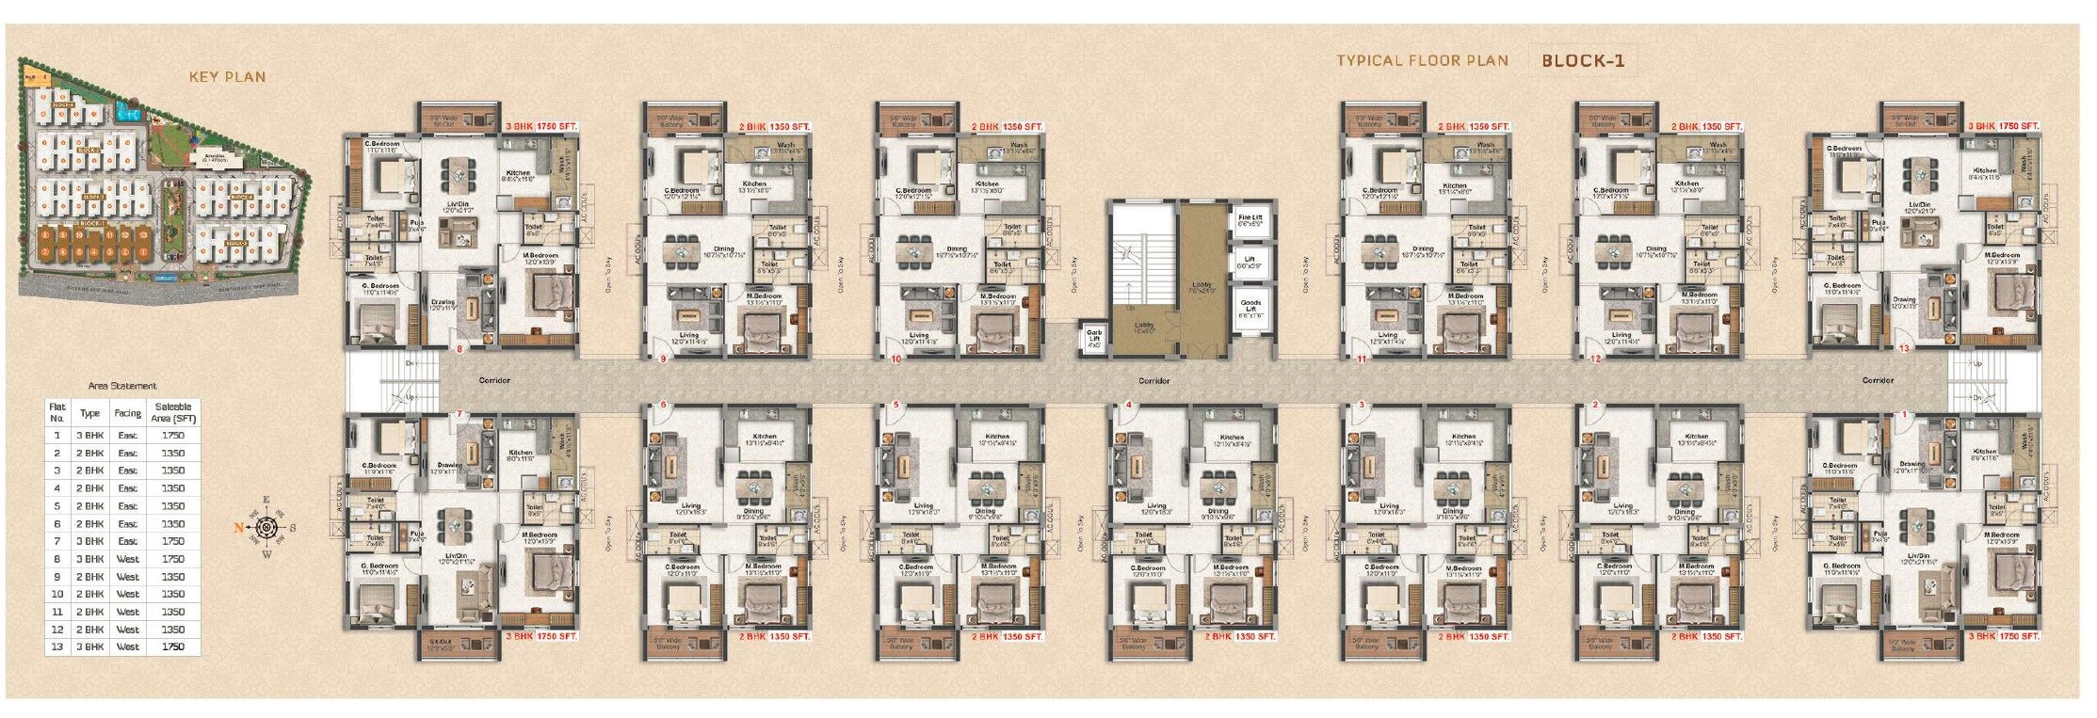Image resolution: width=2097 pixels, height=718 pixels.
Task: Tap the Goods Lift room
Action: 1250,308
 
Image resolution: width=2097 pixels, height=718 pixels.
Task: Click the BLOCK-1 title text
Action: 1583,61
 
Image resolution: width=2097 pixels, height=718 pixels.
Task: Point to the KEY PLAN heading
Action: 227,77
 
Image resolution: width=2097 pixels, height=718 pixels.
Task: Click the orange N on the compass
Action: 239,528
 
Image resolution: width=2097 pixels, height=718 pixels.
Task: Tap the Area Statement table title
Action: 122,386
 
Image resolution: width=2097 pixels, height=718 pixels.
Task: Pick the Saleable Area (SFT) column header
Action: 173,412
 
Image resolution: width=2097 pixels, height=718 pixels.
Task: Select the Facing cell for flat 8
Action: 127,559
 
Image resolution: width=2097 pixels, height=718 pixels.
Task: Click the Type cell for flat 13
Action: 89,647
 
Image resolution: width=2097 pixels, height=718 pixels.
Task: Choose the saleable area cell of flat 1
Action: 173,436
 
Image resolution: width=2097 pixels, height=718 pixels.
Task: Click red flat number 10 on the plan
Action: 895,359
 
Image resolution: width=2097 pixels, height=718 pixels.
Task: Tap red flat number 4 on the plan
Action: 1128,406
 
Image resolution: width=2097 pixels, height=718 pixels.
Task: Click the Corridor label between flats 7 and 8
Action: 494,380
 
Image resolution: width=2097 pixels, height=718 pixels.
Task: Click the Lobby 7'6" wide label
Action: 1199,285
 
